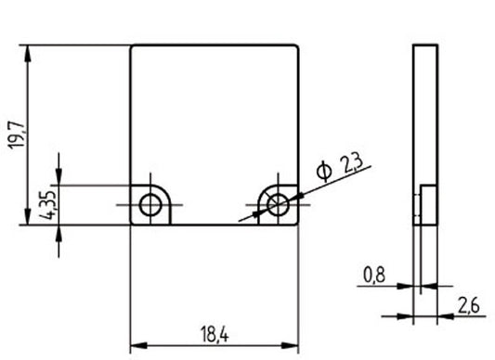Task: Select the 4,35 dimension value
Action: coord(50,205)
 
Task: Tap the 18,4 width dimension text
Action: coord(213,332)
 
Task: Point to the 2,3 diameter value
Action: coord(352,165)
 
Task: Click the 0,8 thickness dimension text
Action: coord(373,275)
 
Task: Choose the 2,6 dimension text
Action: coord(468,305)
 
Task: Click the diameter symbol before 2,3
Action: coord(323,172)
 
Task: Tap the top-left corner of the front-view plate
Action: coord(131,45)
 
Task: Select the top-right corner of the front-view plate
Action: coord(298,45)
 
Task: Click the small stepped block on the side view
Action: coord(419,204)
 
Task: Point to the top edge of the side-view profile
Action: coord(424,45)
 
